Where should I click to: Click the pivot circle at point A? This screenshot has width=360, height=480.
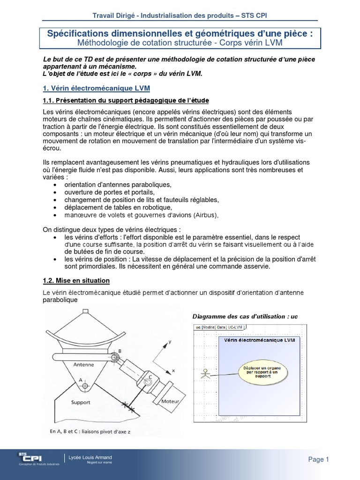[85, 386]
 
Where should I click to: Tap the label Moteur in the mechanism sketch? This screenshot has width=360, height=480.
[170, 402]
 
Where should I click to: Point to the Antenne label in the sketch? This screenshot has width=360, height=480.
[83, 364]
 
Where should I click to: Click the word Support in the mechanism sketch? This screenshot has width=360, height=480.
[81, 402]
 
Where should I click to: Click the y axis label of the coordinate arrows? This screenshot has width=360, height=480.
[171, 342]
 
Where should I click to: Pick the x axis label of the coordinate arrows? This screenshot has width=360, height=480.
[173, 370]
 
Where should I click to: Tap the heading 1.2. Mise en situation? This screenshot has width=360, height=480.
[76, 280]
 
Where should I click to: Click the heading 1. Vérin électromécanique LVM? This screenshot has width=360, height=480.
[96, 88]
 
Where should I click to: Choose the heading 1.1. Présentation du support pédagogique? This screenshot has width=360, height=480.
[126, 101]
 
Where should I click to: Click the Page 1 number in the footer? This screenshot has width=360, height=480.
[319, 459]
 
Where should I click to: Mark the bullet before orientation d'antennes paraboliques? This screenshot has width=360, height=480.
[56, 185]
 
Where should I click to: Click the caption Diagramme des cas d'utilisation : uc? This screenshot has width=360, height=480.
[245, 316]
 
